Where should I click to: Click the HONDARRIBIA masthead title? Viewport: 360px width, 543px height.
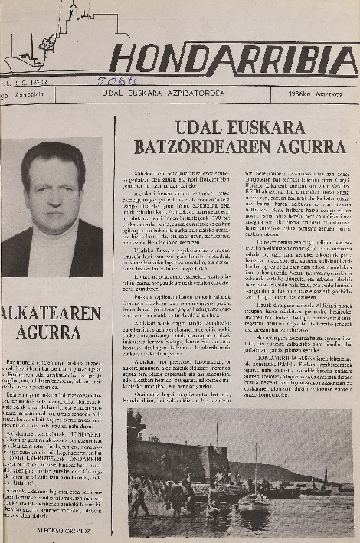coord(234,58)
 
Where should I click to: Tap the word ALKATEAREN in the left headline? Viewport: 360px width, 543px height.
coord(51,313)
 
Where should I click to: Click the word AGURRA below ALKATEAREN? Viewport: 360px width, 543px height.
coord(51,332)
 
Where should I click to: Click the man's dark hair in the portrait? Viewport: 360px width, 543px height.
coord(52,157)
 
